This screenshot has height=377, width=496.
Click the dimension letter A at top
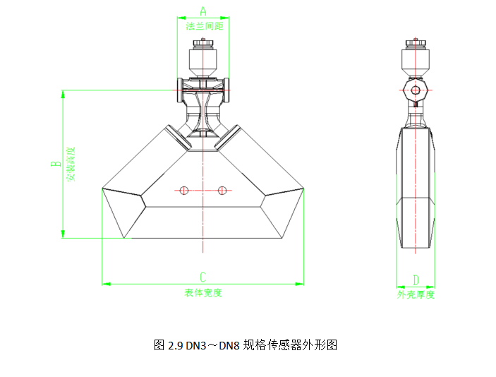click(203, 11)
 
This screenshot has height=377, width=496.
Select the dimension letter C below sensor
click(202, 276)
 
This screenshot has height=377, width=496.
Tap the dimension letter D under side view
click(416, 280)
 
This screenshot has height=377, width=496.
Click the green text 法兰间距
click(204, 26)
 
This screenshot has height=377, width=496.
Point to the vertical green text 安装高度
click(71, 164)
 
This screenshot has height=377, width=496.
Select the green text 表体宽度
click(203, 293)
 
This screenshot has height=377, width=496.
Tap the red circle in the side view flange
click(416, 90)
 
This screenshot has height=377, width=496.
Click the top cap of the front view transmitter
click(203, 46)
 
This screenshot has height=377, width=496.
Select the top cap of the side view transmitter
click(416, 45)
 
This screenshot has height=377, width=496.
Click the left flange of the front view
click(179, 87)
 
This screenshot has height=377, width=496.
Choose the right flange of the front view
click(227, 87)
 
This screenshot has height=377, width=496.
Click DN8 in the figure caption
click(229, 346)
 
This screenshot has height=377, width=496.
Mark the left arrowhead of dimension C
click(106, 284)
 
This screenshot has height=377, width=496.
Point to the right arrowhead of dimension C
click(301, 284)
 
